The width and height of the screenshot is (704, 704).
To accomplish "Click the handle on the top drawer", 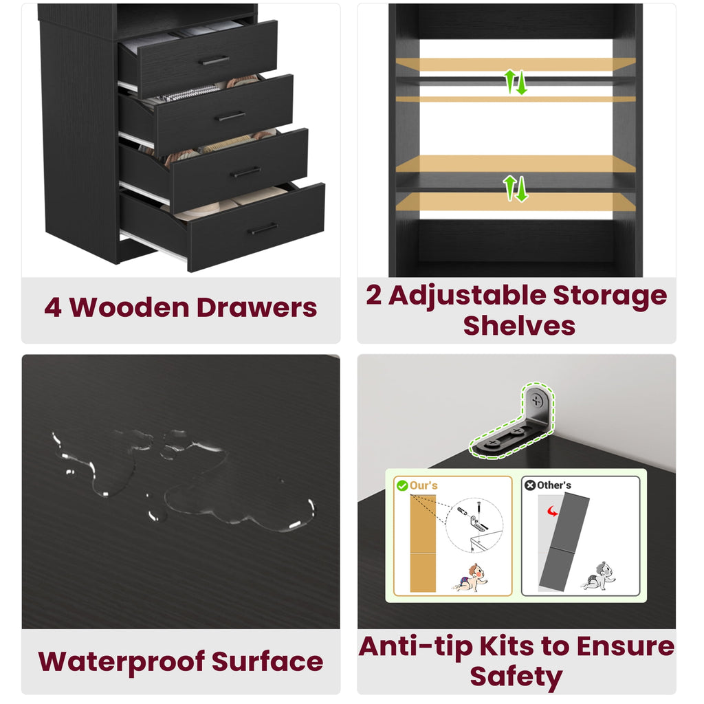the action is click(214, 60).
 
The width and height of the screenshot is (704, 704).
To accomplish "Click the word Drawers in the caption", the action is click(257, 307).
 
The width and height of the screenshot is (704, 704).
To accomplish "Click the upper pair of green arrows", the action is click(515, 82).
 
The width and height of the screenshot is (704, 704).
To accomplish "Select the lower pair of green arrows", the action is click(515, 188).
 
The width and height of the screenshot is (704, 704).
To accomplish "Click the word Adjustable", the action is click(467, 296).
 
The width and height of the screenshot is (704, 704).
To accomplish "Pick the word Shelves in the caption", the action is click(519, 325).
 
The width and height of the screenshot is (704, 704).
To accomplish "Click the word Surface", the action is click(267, 661).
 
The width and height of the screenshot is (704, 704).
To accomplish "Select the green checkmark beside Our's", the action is click(402, 485).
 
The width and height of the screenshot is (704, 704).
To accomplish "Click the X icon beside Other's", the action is click(530, 485).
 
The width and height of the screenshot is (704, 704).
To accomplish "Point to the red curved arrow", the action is click(553, 511).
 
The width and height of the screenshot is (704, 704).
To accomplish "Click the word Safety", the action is click(516, 676).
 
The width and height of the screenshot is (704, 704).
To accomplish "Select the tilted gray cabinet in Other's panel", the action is click(564, 542).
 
